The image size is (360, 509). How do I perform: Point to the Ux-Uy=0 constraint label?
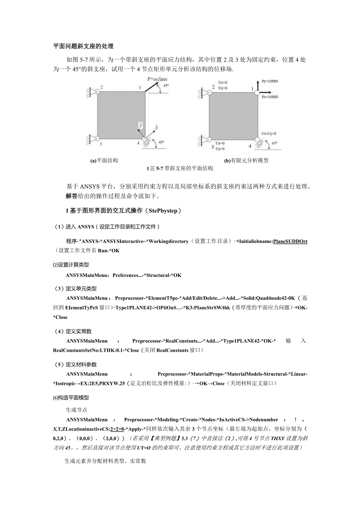click(269, 133)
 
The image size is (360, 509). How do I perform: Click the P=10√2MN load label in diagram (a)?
click(156, 79)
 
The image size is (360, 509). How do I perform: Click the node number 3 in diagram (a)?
click(101, 144)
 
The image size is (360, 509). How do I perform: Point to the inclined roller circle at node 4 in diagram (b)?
click(257, 139)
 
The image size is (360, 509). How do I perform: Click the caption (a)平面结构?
click(104, 160)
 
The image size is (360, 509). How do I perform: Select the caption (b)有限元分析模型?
click(246, 160)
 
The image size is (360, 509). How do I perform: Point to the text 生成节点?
click(76, 410)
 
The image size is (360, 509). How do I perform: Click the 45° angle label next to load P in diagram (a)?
click(166, 86)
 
